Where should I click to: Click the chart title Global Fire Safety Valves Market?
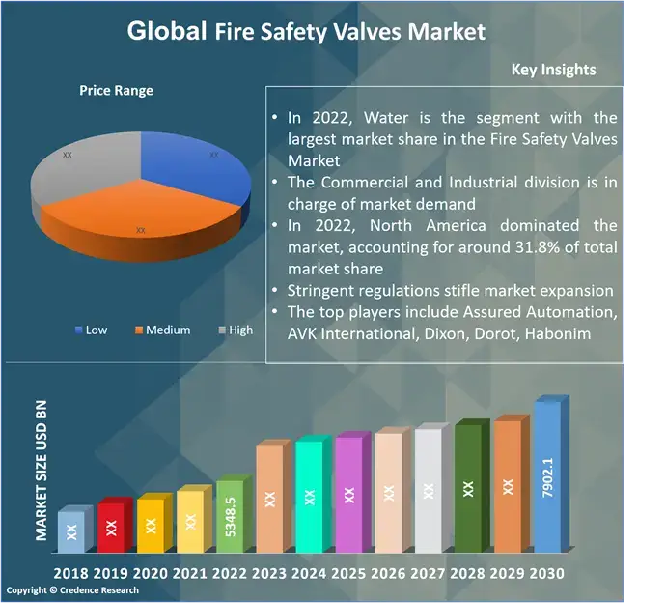pyautogui.click(x=306, y=31)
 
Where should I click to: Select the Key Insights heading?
pyautogui.click(x=553, y=70)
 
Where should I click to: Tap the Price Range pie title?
pyautogui.click(x=116, y=91)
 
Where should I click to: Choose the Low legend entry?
pyautogui.click(x=91, y=330)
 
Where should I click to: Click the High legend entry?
pyautogui.click(x=235, y=330)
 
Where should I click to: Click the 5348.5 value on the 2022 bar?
pyautogui.click(x=230, y=516)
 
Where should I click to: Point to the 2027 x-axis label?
pyautogui.click(x=429, y=573)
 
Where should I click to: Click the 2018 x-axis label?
pyautogui.click(x=72, y=573)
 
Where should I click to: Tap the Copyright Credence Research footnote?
pyautogui.click(x=73, y=590)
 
